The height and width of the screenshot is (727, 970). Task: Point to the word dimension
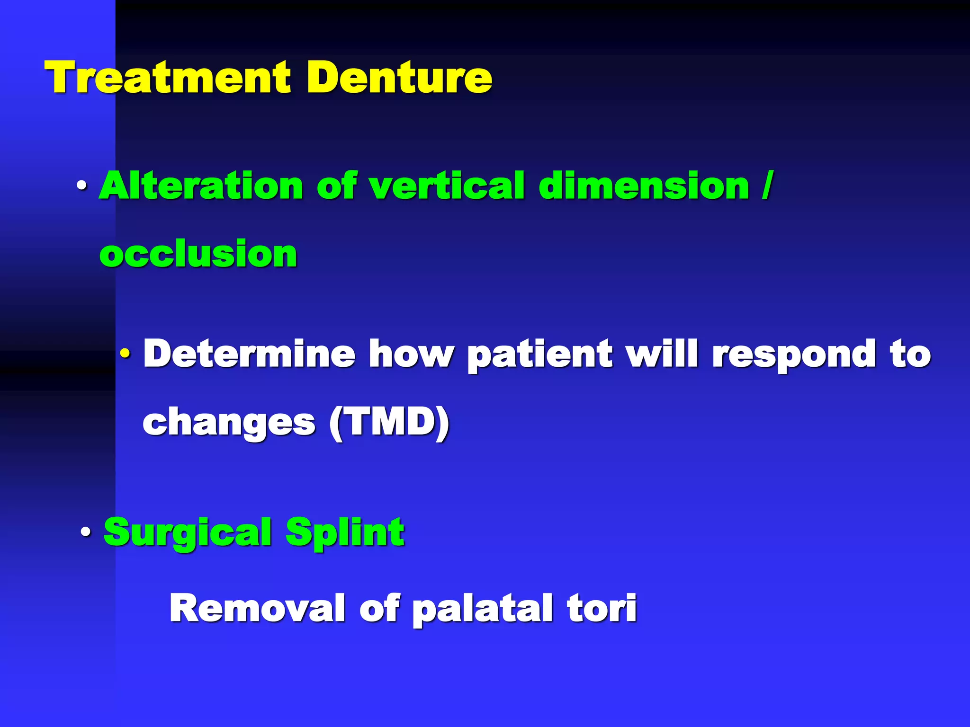click(644, 186)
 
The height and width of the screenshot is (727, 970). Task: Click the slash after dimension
click(767, 186)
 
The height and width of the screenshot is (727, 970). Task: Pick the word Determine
click(249, 354)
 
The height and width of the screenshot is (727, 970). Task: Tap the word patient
click(539, 354)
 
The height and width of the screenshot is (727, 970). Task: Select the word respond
click(794, 354)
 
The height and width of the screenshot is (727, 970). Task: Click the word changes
click(229, 422)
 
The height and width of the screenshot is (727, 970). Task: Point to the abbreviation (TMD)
click(389, 422)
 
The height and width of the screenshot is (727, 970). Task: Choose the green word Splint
click(345, 532)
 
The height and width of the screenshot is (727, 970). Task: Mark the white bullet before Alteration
click(82, 186)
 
